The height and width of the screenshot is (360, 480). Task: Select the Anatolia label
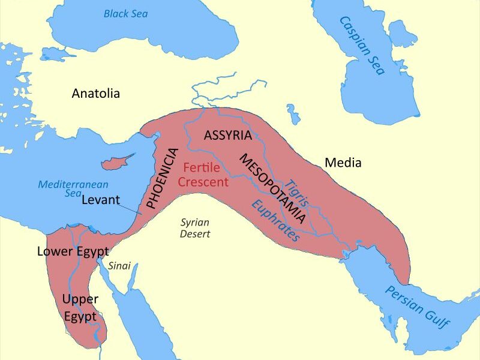coord(96,94)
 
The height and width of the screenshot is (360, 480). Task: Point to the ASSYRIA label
coord(227,135)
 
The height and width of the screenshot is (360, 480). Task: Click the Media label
coord(343,162)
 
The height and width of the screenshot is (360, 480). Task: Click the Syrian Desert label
coord(196,228)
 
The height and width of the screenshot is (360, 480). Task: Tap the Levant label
coord(101,200)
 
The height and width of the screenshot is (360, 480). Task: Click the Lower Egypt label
coord(73,251)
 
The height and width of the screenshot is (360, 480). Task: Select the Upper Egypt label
coord(80,306)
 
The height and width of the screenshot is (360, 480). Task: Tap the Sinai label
coord(119,266)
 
